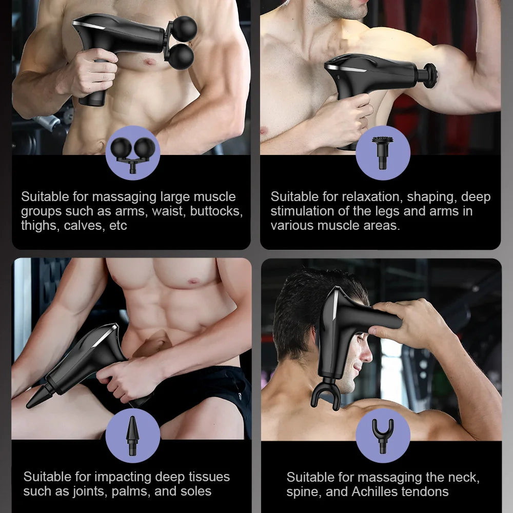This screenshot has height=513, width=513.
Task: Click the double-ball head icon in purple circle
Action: (x=132, y=153)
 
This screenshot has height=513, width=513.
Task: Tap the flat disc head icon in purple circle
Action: (x=383, y=153)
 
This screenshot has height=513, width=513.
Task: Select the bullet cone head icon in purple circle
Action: (x=132, y=436)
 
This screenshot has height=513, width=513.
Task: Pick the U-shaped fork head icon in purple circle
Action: (x=383, y=436)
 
